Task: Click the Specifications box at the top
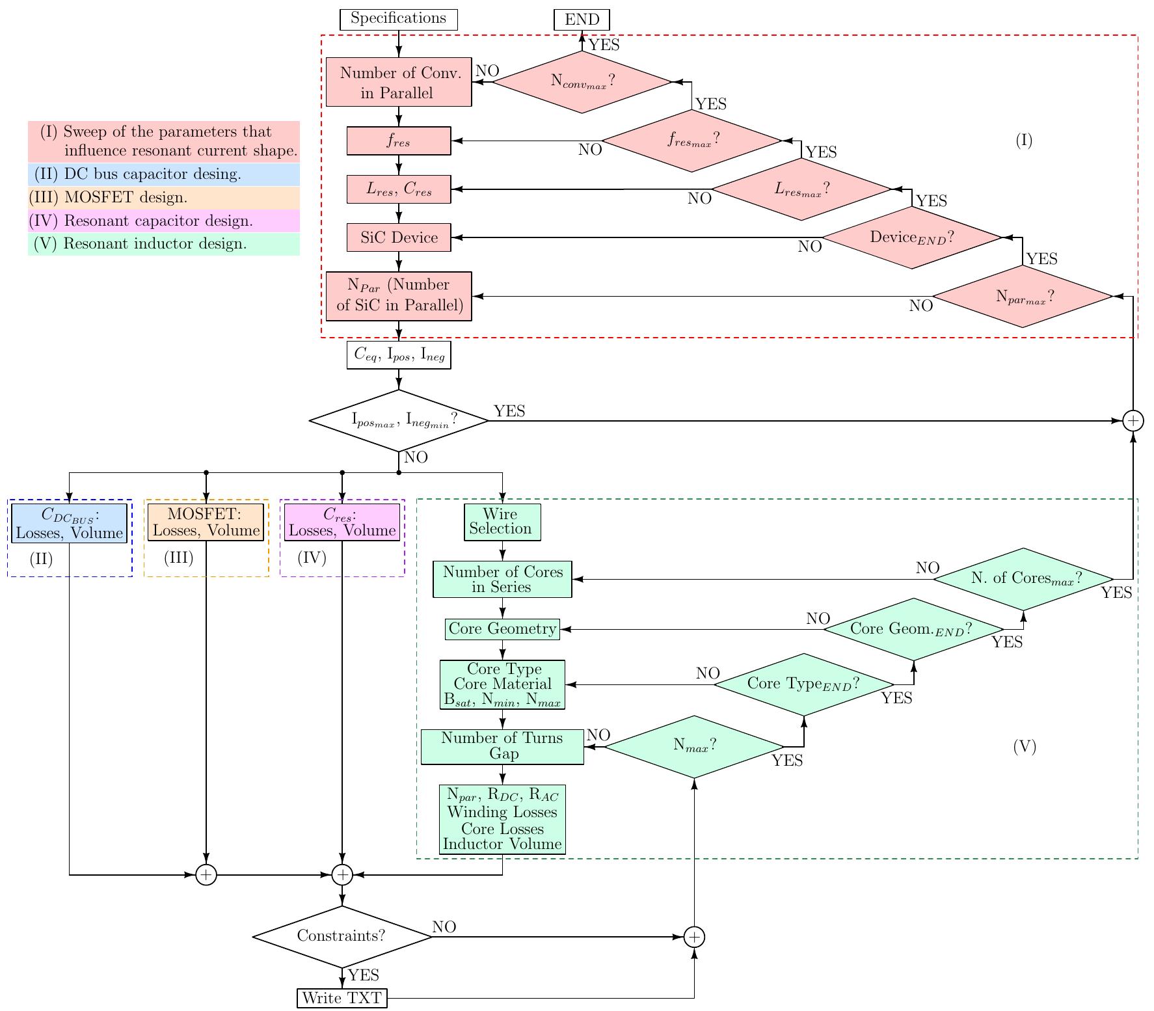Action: point(399,19)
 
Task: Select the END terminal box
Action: point(582,20)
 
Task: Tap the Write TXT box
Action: point(342,998)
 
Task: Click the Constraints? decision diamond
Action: point(342,936)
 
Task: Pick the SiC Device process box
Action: point(399,237)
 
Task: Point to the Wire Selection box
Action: point(502,522)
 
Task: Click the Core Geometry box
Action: point(502,629)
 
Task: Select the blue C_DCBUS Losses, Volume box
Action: point(69,524)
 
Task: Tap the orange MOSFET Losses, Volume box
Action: point(206,523)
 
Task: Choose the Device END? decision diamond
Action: point(912,237)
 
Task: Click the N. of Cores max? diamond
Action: point(1024,578)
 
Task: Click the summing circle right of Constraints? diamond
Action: point(694,937)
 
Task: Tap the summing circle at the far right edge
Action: point(1133,421)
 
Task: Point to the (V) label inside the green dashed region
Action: point(1025,747)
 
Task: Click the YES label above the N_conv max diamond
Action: point(604,45)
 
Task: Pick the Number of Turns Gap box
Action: point(502,746)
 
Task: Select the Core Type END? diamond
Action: point(804,684)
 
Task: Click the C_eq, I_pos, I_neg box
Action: point(399,356)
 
